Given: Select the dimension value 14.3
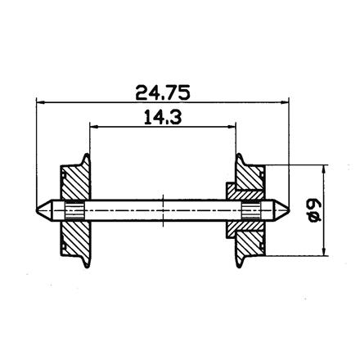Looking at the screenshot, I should (163, 117).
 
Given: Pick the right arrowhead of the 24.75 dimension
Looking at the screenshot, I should (287, 102).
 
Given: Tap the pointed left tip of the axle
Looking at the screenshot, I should (38, 209).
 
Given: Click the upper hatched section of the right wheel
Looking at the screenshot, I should (250, 178).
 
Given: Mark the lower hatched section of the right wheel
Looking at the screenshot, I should (250, 237).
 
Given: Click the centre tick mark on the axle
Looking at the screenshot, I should (164, 209).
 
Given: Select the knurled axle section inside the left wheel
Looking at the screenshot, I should (74, 209).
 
